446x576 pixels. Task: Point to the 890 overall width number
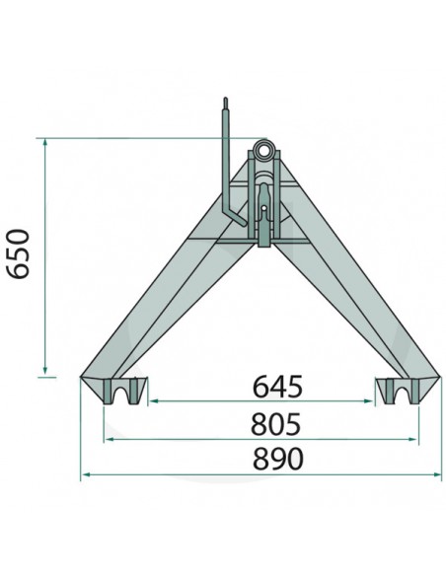pos(263,459)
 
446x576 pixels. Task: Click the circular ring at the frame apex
pos(265,150)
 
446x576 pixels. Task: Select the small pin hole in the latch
pos(264,209)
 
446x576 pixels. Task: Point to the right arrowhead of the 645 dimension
pos(375,401)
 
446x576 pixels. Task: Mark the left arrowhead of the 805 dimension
pos(107,440)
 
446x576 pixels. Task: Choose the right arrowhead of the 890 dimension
pos(438,474)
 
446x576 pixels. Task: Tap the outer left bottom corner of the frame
pos(81,376)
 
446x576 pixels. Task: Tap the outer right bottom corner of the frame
pos(440,376)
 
